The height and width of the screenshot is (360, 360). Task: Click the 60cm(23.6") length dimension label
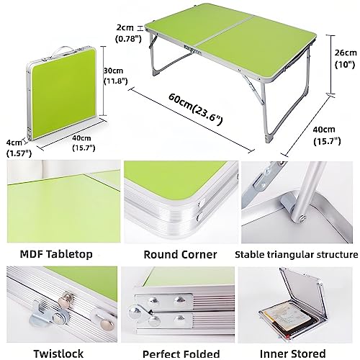click(x=195, y=109)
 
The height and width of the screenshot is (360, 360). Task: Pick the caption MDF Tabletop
click(x=56, y=254)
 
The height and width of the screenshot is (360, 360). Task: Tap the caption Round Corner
click(x=180, y=254)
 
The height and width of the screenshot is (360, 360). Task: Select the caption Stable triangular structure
click(x=296, y=255)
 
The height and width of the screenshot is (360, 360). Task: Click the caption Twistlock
click(x=58, y=354)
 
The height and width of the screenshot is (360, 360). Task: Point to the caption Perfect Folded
click(x=181, y=354)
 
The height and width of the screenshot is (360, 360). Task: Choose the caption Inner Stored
click(x=293, y=354)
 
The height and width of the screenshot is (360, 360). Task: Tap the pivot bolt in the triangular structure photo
click(x=301, y=219)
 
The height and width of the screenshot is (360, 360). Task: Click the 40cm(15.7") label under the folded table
click(x=84, y=143)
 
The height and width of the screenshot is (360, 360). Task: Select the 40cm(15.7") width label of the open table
click(x=327, y=135)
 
